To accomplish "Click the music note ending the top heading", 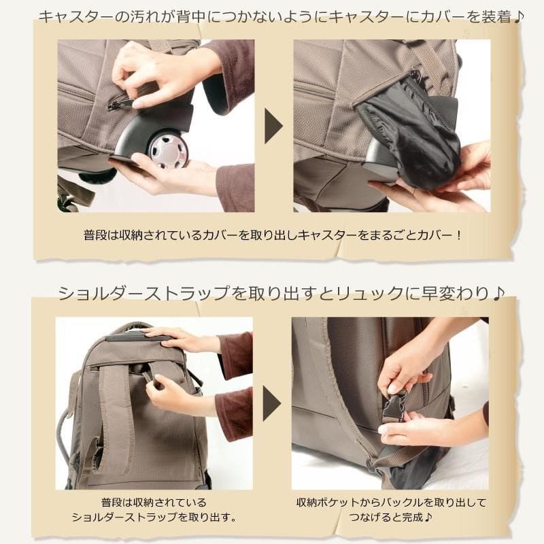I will pos(519,16).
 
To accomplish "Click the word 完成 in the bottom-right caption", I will pos(394,517).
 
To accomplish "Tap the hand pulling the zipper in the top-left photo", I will pos(153,71).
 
